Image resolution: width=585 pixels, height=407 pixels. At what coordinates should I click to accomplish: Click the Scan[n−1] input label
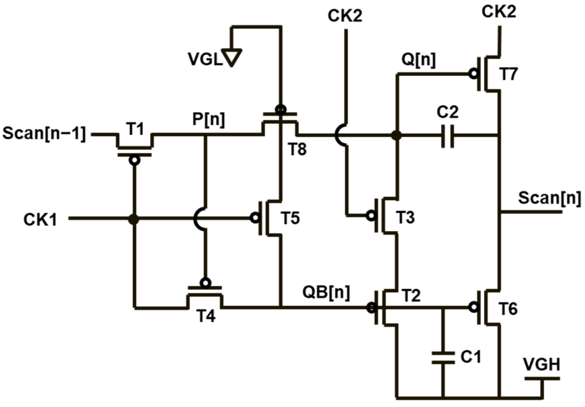[44, 134]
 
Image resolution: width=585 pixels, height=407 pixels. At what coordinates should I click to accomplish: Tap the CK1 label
[40, 219]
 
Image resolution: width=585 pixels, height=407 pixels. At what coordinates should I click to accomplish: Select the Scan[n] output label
[549, 198]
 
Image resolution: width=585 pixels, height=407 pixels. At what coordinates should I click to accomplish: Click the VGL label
[205, 59]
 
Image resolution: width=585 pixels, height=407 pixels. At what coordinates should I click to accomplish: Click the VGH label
[541, 365]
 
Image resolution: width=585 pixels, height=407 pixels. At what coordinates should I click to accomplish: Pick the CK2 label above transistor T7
[499, 12]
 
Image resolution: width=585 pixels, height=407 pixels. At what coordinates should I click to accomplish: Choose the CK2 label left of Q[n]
[345, 16]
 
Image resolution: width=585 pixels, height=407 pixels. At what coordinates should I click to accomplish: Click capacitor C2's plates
[447, 136]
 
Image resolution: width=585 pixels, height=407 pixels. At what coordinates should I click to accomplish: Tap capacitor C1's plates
[443, 358]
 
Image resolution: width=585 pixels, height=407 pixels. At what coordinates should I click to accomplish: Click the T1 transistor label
[135, 129]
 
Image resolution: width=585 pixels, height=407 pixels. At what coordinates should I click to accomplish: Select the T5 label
[290, 218]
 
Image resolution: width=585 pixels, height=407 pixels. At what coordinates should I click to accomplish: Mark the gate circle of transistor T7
[474, 74]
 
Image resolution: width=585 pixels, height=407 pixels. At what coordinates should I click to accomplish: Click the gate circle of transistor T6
[474, 307]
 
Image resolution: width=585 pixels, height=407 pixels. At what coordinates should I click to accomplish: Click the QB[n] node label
[326, 292]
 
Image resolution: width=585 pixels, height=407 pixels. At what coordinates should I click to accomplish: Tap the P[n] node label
[208, 119]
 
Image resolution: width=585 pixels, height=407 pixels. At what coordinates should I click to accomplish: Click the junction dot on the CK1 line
[134, 219]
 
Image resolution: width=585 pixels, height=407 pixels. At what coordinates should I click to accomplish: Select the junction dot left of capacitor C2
[397, 136]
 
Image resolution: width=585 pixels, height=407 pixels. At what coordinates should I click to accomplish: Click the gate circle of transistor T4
[205, 283]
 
